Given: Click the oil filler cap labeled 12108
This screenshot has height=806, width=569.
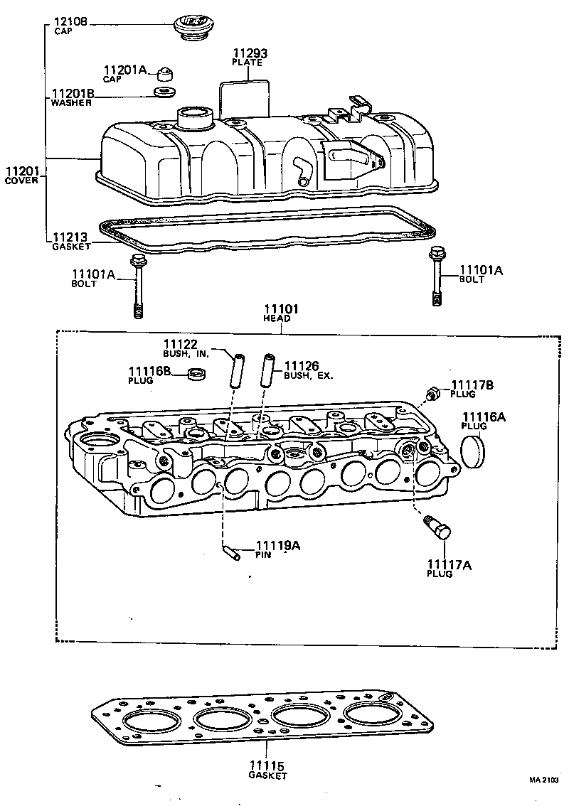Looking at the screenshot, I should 192,28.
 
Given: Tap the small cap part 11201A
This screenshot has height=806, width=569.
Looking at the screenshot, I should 166,72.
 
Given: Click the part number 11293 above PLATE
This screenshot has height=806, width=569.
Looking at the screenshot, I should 248,53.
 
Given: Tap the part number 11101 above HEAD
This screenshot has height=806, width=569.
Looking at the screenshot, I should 281,310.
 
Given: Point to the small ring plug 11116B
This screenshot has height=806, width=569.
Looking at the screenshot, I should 196,374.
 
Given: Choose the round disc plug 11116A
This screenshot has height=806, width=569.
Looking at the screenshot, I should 473,453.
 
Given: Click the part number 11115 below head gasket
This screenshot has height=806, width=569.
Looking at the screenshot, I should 267,766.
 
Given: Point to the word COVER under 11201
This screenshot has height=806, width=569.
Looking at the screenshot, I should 21,181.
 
